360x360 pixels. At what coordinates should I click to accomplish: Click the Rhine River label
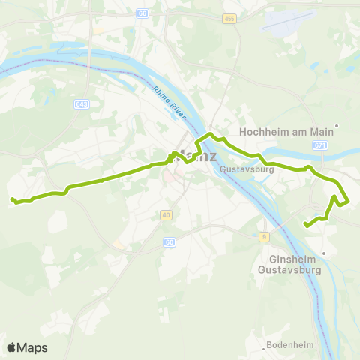(169, 101)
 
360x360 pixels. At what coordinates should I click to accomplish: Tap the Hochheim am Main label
(285, 131)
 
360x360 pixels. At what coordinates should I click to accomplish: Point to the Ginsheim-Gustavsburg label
(289, 264)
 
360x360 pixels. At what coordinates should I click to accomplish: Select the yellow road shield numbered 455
(229, 18)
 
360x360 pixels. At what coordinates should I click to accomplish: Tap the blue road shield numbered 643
(82, 104)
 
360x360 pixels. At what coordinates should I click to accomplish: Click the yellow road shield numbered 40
(165, 215)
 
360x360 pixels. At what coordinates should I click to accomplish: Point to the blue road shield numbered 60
(169, 241)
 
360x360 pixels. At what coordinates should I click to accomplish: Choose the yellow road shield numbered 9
(265, 237)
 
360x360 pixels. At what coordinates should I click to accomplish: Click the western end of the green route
(13, 199)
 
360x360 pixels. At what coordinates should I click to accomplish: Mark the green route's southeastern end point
(305, 224)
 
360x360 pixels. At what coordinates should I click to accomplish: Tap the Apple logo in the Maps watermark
(12, 347)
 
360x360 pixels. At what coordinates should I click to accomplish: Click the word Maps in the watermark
(33, 347)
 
